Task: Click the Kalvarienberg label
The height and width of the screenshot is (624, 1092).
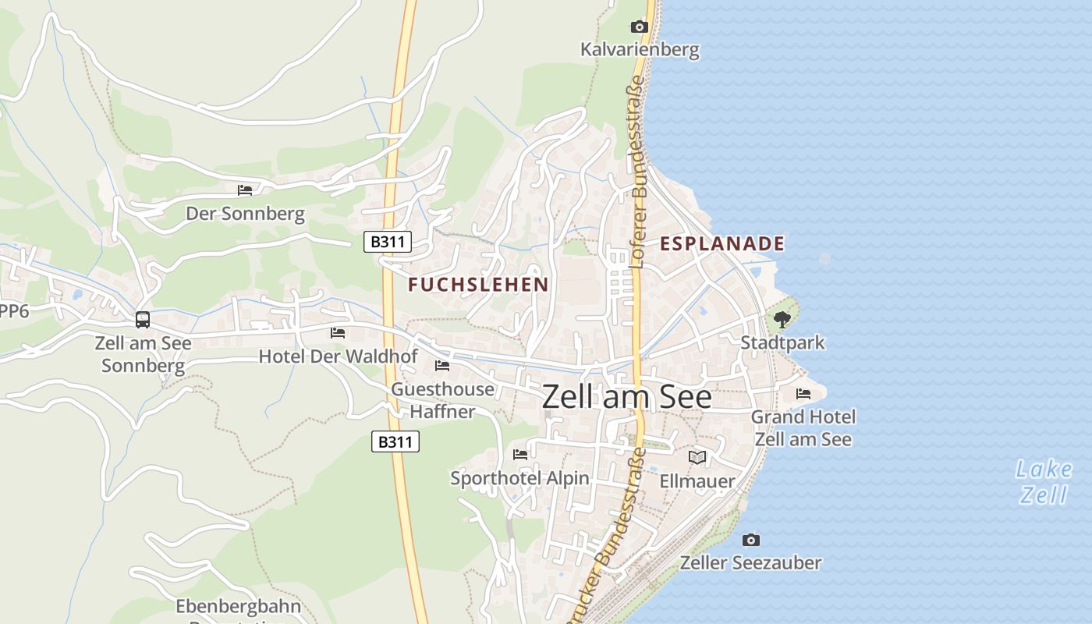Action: click(x=640, y=51)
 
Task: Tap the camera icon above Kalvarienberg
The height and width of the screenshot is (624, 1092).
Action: click(x=640, y=27)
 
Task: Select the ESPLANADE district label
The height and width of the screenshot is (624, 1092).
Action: click(x=722, y=243)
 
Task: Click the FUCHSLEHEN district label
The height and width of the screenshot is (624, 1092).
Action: click(x=479, y=285)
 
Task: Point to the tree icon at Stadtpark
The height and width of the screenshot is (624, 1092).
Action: click(x=782, y=319)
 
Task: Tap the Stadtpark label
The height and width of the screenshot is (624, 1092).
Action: click(x=782, y=342)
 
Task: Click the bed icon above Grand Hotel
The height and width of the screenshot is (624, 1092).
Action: click(x=803, y=394)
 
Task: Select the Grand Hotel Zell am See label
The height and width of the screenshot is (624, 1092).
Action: click(x=803, y=428)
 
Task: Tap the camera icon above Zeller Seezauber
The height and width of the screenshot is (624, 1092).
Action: click(x=751, y=540)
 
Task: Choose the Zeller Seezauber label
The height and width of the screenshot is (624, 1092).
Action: click(x=751, y=562)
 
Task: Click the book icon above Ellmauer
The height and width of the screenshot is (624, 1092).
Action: click(x=697, y=457)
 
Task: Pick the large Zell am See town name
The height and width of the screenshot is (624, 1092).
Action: click(x=626, y=397)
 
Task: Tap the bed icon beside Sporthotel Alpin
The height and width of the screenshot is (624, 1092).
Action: click(x=520, y=454)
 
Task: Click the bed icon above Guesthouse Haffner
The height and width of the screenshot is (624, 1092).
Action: click(x=442, y=365)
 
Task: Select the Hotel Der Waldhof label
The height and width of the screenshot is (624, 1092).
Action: click(x=339, y=356)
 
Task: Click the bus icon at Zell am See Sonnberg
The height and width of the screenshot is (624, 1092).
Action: click(x=143, y=319)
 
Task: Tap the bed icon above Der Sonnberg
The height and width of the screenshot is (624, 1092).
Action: click(x=245, y=190)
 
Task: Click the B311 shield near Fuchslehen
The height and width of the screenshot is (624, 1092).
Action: click(x=388, y=242)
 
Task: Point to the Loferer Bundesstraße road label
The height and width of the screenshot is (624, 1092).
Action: click(x=637, y=175)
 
